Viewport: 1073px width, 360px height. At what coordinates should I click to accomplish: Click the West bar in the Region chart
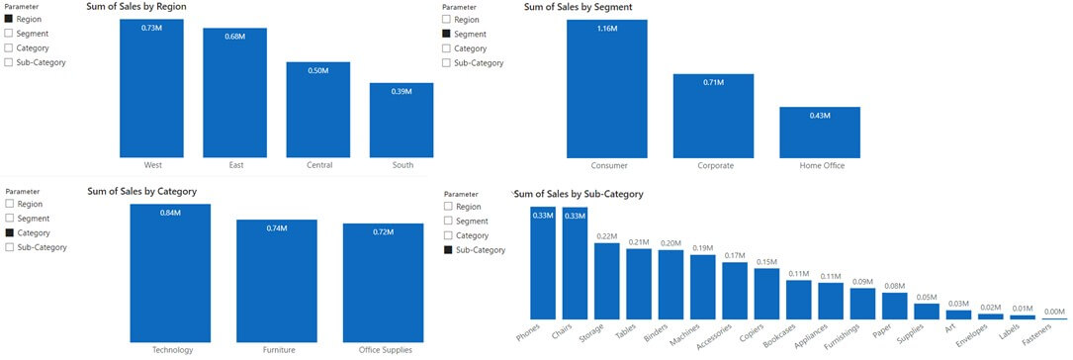tap(151, 88)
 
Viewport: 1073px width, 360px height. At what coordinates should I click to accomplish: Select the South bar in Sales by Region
tap(402, 121)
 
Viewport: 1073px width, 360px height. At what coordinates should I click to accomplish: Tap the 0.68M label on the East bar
tap(235, 37)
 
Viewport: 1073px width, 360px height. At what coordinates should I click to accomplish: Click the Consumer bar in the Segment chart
tap(607, 89)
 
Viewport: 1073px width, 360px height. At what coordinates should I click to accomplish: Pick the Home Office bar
tap(820, 133)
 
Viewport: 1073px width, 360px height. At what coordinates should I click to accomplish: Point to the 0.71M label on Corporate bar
tap(713, 83)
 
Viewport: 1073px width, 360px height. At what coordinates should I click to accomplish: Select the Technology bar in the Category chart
tap(170, 273)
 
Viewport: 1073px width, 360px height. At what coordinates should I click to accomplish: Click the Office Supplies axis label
tap(386, 350)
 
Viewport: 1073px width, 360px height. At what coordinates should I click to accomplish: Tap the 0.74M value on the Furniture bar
tap(277, 227)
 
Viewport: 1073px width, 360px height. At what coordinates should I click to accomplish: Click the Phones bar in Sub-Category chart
tap(543, 263)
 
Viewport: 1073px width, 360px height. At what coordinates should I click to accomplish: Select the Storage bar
tap(607, 281)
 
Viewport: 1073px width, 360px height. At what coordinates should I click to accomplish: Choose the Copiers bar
tap(767, 294)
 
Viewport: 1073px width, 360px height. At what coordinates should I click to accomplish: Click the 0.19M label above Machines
tap(703, 247)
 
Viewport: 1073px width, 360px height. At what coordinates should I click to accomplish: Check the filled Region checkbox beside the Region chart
tap(8, 19)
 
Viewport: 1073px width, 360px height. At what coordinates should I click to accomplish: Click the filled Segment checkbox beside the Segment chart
tap(447, 34)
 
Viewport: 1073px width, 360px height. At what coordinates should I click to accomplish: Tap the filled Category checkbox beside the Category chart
tap(9, 232)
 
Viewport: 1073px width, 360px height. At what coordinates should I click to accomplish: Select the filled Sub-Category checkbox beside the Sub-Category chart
tap(448, 250)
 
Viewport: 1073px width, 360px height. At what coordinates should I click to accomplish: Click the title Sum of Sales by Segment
tap(578, 7)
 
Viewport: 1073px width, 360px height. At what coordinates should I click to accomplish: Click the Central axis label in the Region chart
tap(318, 165)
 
